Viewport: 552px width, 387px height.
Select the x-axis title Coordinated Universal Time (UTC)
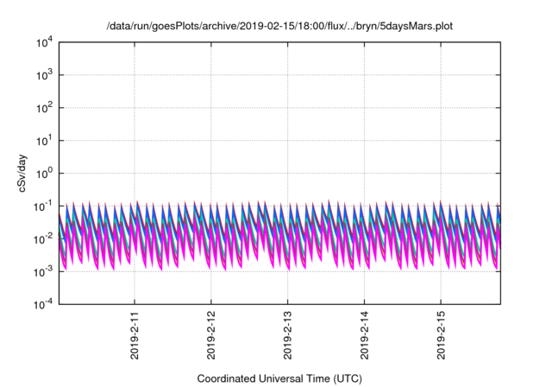pyautogui.click(x=279, y=378)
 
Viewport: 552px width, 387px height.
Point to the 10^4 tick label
pyautogui.click(x=43, y=42)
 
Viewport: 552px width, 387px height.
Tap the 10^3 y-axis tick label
pyautogui.click(x=43, y=75)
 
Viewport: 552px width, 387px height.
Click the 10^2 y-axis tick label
pyautogui.click(x=43, y=108)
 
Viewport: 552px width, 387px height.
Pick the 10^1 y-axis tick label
pyautogui.click(x=43, y=140)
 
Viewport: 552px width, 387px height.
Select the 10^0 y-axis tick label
pyautogui.click(x=43, y=173)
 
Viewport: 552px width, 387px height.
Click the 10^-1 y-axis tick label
pyautogui.click(x=43, y=206)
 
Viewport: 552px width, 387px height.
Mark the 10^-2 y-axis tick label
pyautogui.click(x=43, y=238)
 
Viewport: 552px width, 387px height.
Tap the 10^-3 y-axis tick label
pyautogui.click(x=43, y=271)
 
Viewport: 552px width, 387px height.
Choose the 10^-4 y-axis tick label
pyautogui.click(x=43, y=304)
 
